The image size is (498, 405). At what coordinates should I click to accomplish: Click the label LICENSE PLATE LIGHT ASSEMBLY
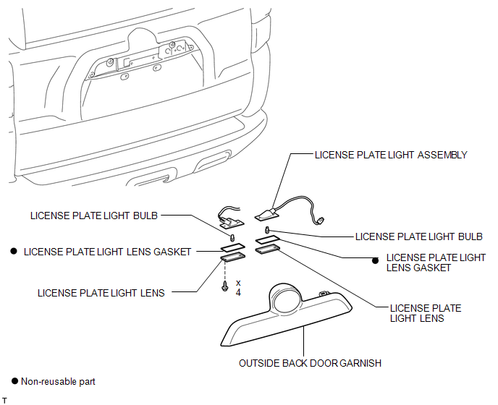(x=391, y=155)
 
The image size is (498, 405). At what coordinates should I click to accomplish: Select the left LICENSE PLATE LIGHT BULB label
(x=94, y=215)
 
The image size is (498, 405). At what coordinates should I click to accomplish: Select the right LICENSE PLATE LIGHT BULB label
(x=418, y=236)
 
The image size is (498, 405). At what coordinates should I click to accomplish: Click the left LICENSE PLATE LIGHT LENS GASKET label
(x=107, y=252)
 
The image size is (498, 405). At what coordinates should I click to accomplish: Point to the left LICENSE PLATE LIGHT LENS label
(x=101, y=293)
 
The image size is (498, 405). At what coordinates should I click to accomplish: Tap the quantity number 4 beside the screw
(x=238, y=292)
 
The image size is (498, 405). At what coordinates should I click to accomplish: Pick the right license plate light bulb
(x=266, y=231)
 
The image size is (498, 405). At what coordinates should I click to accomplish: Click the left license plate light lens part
(x=232, y=255)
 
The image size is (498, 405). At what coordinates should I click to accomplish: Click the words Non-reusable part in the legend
(x=57, y=381)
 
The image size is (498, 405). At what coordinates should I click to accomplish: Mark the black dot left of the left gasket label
(x=14, y=252)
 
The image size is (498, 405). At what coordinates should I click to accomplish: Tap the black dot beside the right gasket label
(x=376, y=263)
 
